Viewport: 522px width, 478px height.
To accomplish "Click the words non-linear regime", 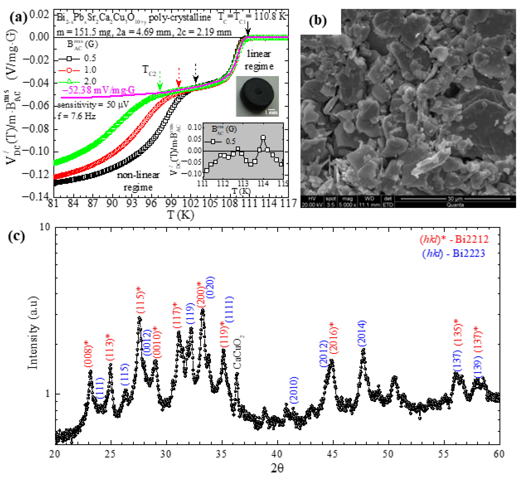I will pos(138,181).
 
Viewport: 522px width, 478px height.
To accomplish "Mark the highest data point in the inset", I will pos(263,138).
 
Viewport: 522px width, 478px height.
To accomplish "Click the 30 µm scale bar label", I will pos(455,199).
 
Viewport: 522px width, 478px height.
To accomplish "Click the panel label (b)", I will pos(318,21).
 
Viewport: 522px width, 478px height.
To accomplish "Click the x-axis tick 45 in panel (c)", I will pos(332,454).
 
